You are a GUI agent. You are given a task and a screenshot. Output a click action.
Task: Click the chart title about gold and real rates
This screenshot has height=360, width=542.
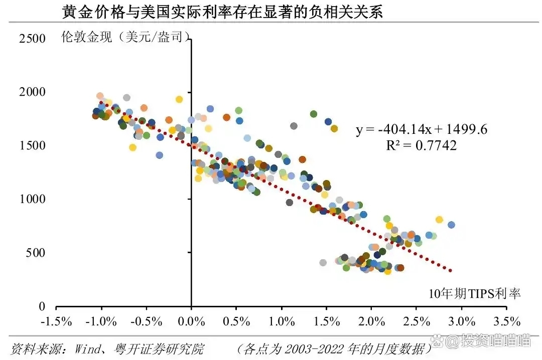tap(222, 12)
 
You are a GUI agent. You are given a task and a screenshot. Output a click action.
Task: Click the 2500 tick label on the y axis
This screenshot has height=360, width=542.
tap(32, 39)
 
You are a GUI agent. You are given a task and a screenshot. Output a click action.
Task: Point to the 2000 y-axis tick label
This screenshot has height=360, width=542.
tap(32, 92)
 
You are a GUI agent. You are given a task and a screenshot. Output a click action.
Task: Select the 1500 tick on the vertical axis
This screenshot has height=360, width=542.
tap(32, 146)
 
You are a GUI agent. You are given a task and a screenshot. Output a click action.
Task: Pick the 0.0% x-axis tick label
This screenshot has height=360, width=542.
tap(191, 321)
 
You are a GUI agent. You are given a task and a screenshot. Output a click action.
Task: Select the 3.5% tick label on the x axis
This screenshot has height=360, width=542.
tap(506, 321)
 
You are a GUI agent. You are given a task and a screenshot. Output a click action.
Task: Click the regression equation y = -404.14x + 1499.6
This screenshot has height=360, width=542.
tap(422, 130)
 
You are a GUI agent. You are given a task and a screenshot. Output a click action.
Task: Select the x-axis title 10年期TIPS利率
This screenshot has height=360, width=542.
tap(475, 293)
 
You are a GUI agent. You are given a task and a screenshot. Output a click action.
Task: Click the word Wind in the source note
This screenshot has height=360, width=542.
tap(88, 348)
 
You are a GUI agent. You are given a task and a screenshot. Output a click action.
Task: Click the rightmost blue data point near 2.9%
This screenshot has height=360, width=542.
tap(451, 225)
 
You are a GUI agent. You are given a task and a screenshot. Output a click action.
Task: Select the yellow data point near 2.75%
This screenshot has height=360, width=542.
tap(439, 220)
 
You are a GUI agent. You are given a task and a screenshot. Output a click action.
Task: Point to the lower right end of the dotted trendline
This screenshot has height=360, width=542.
tap(451, 271)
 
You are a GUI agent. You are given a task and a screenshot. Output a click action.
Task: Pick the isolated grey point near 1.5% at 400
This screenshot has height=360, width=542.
tap(323, 262)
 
